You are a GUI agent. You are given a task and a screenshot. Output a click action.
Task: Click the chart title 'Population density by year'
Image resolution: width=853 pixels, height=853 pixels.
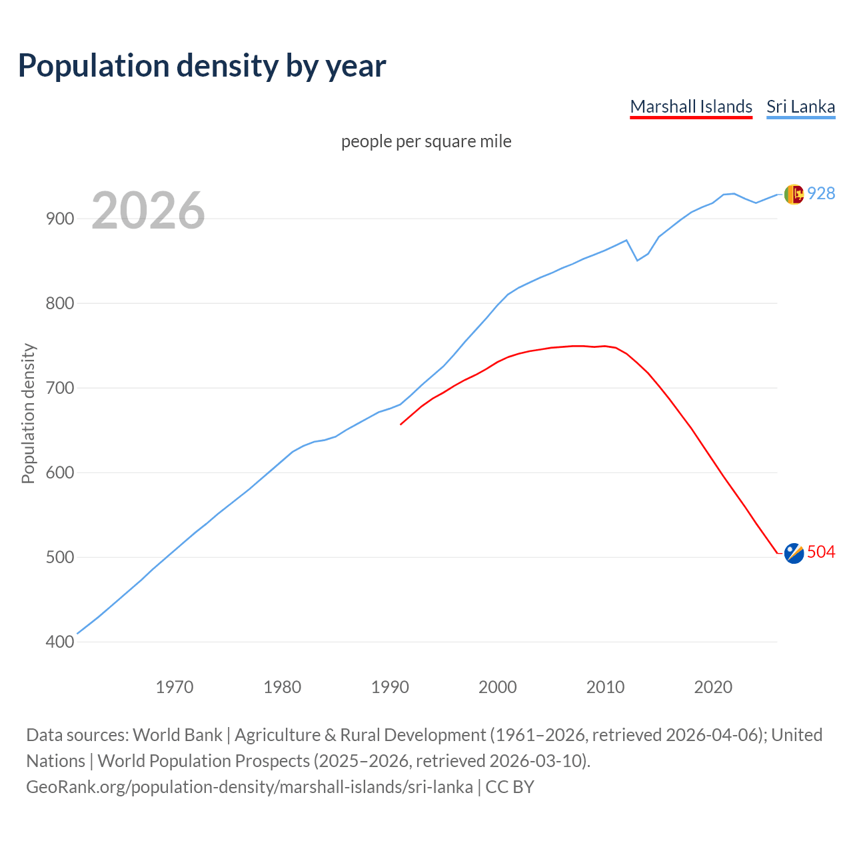(x=202, y=65)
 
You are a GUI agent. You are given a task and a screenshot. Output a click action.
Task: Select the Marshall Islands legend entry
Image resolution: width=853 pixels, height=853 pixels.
(x=691, y=107)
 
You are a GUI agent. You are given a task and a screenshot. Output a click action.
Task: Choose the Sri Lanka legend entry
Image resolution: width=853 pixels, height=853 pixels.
(x=800, y=107)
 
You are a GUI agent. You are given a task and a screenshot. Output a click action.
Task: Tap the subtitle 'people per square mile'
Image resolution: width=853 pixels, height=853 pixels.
(x=426, y=141)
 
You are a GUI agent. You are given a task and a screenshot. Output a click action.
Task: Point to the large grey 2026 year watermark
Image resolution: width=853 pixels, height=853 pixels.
(x=148, y=211)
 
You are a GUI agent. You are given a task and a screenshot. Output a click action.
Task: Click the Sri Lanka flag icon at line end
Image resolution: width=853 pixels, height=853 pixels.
(x=794, y=194)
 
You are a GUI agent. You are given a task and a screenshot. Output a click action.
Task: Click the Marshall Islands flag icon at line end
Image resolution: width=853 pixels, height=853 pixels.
(x=794, y=552)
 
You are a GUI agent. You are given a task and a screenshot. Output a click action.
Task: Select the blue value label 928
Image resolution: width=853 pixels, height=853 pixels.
(x=821, y=193)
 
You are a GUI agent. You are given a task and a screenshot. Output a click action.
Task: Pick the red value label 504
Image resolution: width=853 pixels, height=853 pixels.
(x=821, y=552)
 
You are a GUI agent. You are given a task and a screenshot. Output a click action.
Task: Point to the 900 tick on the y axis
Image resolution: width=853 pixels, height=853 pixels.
(x=60, y=219)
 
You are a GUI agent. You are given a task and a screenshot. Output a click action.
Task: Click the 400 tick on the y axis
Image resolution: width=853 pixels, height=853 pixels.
(x=60, y=642)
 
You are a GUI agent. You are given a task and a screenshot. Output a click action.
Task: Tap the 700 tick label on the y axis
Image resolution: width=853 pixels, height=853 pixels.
(x=60, y=388)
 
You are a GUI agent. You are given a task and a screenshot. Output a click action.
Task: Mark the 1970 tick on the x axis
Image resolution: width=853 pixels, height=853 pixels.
(x=175, y=686)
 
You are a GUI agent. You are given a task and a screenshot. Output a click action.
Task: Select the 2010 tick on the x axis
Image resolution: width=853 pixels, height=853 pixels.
(x=605, y=686)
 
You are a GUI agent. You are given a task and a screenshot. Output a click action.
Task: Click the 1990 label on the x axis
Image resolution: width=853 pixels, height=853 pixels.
(x=390, y=686)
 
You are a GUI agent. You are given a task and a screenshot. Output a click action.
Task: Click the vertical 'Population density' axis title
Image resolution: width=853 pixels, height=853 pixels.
(x=28, y=413)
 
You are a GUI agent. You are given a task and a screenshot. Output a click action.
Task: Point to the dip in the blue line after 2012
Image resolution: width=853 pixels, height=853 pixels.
(x=637, y=260)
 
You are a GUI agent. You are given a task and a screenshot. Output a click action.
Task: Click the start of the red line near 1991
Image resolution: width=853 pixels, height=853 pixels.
(x=401, y=425)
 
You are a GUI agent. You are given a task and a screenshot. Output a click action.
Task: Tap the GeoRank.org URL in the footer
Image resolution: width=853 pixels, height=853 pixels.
(x=249, y=787)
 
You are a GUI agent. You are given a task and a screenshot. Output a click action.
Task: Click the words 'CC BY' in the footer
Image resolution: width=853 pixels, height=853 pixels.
(x=510, y=787)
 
